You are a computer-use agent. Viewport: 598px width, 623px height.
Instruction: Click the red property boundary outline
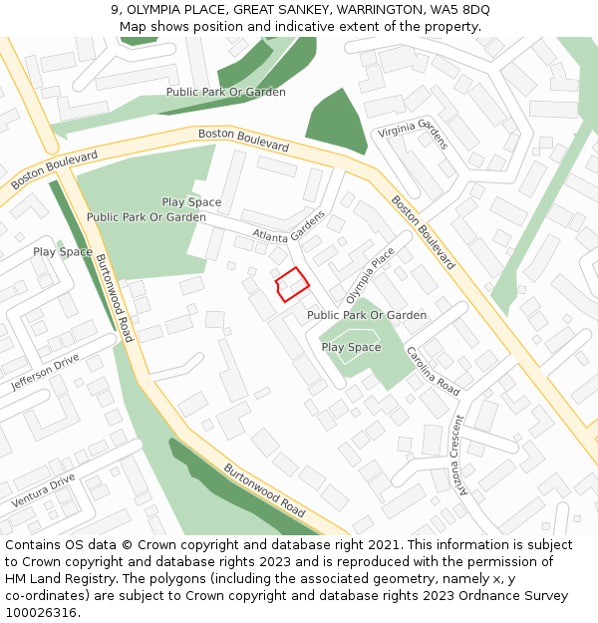tap(292, 284)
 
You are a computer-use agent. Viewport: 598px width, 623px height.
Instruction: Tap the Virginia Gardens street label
tap(413, 133)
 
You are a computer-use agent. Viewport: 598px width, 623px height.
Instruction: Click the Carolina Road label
tap(433, 371)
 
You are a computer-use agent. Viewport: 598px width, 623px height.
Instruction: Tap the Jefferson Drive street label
tap(45, 372)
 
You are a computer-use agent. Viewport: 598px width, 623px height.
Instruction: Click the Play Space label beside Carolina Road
tap(351, 347)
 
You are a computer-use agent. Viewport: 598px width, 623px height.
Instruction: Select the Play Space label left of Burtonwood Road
tap(63, 252)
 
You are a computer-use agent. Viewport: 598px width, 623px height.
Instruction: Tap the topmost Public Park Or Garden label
tap(226, 92)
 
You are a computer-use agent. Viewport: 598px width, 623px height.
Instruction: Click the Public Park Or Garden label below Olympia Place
tap(367, 315)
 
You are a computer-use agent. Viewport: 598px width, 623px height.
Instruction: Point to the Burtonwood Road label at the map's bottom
tap(264, 489)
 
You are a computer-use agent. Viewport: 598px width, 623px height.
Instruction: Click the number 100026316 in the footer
tap(41, 612)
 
